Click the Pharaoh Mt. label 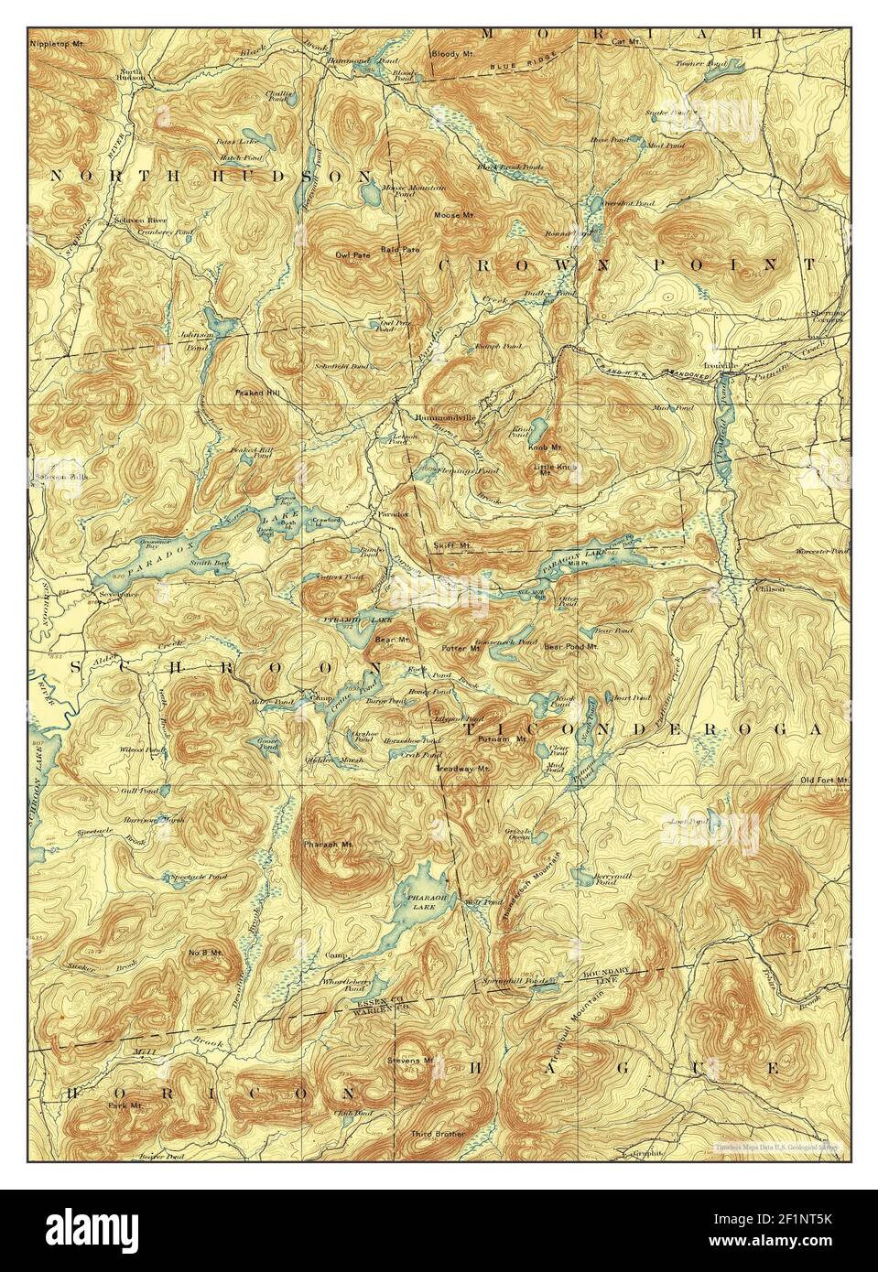pos(322,842)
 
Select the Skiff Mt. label pos(451,545)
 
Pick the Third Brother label pos(437,1134)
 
